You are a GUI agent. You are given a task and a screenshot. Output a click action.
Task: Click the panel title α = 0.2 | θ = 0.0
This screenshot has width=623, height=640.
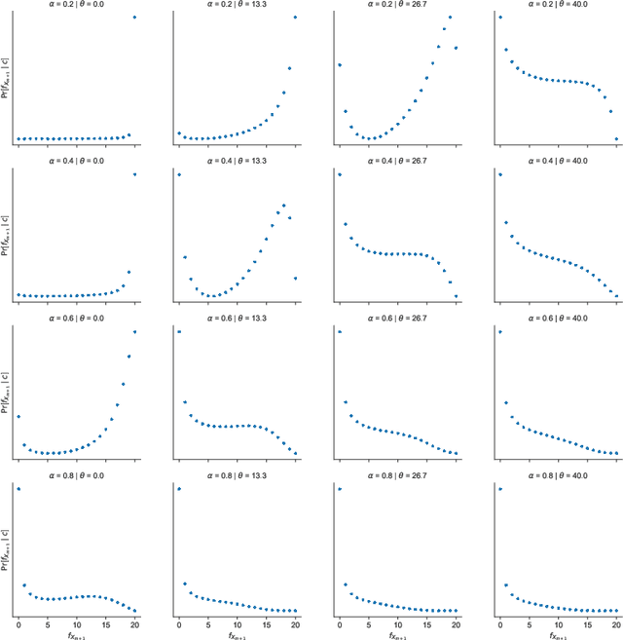coord(76,4)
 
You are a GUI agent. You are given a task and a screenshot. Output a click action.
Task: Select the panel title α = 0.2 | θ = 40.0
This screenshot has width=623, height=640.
coord(559,4)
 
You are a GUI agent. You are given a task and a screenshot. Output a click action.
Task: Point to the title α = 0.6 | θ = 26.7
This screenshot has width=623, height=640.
coord(397,319)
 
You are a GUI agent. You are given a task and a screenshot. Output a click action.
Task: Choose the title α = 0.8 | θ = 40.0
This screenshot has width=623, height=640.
coord(559,476)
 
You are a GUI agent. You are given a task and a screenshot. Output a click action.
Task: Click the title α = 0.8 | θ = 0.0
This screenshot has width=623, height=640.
coord(76,476)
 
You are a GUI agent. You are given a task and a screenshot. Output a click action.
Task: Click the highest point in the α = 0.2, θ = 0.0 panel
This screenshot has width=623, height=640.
coord(134,18)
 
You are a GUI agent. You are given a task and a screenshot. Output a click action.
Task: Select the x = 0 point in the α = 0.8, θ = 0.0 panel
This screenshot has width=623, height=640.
coord(18,489)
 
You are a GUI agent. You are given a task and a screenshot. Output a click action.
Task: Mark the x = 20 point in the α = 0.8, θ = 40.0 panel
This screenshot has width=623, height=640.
coord(617,612)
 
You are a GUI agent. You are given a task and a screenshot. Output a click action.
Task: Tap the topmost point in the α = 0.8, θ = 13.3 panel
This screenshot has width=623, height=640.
coord(178,489)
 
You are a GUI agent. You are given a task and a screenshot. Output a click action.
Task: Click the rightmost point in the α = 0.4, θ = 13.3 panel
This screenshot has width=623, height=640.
coord(296,279)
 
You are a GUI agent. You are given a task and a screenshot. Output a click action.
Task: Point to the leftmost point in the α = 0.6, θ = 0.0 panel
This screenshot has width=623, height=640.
coord(18,417)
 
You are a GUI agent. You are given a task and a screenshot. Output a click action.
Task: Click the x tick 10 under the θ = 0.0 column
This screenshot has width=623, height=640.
coord(76,621)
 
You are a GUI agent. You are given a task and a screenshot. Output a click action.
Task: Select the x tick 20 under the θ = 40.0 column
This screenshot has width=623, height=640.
coord(617,621)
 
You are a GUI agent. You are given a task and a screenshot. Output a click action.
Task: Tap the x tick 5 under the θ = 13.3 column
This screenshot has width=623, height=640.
coord(207,621)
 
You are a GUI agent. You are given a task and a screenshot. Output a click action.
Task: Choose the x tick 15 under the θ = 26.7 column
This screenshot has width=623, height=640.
coord(427,621)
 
